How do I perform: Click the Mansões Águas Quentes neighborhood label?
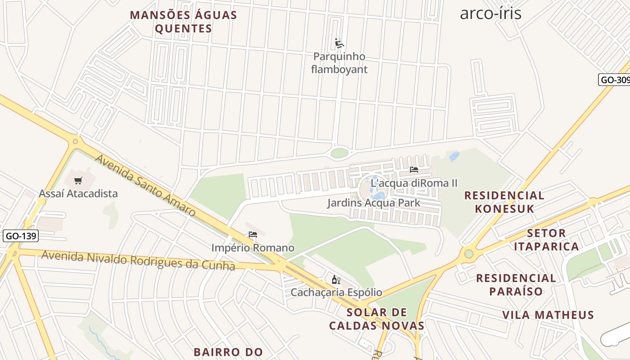(184, 22)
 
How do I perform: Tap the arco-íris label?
(490, 13)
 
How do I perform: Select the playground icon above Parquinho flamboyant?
(340, 44)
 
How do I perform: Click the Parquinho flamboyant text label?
(339, 63)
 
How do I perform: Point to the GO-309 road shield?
(615, 80)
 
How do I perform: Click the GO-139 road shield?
(21, 236)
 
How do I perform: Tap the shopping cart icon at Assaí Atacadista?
(78, 181)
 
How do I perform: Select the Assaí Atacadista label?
(78, 193)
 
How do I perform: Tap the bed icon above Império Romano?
(253, 234)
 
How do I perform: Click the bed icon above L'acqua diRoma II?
(414, 170)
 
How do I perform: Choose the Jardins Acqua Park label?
(373, 203)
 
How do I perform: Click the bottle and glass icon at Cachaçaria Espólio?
(336, 280)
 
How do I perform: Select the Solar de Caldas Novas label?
(377, 319)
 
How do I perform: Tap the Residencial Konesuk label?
(504, 202)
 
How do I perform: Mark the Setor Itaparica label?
(546, 240)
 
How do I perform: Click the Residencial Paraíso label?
(516, 284)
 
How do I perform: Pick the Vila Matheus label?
(548, 315)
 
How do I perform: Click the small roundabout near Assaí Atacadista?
(75, 141)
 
